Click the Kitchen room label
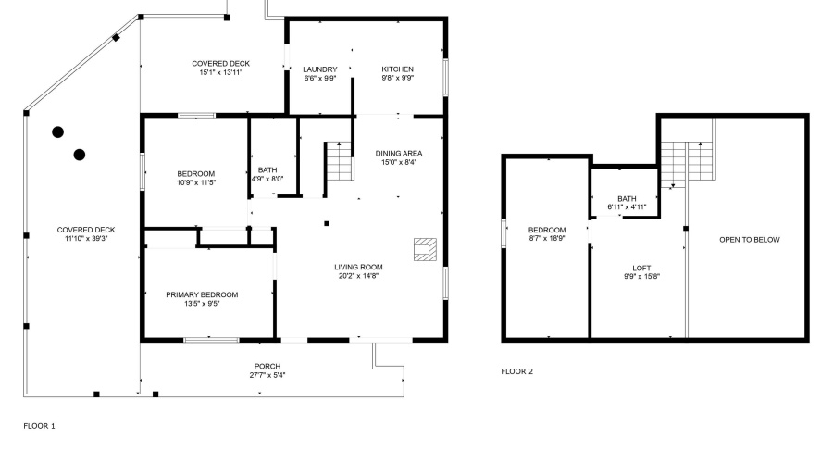[x=398, y=69]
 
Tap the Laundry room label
[x=320, y=69]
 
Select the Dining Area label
[x=399, y=153]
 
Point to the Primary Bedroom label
[x=202, y=294]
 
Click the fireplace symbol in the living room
[x=425, y=248]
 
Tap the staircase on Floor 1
[x=340, y=162]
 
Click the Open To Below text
[x=750, y=240]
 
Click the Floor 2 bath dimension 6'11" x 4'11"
[x=628, y=207]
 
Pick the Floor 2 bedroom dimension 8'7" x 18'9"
[x=547, y=238]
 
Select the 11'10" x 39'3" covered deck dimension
[x=86, y=238]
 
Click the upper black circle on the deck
[x=57, y=132]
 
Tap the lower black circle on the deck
[x=80, y=154]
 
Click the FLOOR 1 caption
[x=40, y=426]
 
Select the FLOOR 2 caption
[x=517, y=371]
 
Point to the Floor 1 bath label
[x=267, y=169]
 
